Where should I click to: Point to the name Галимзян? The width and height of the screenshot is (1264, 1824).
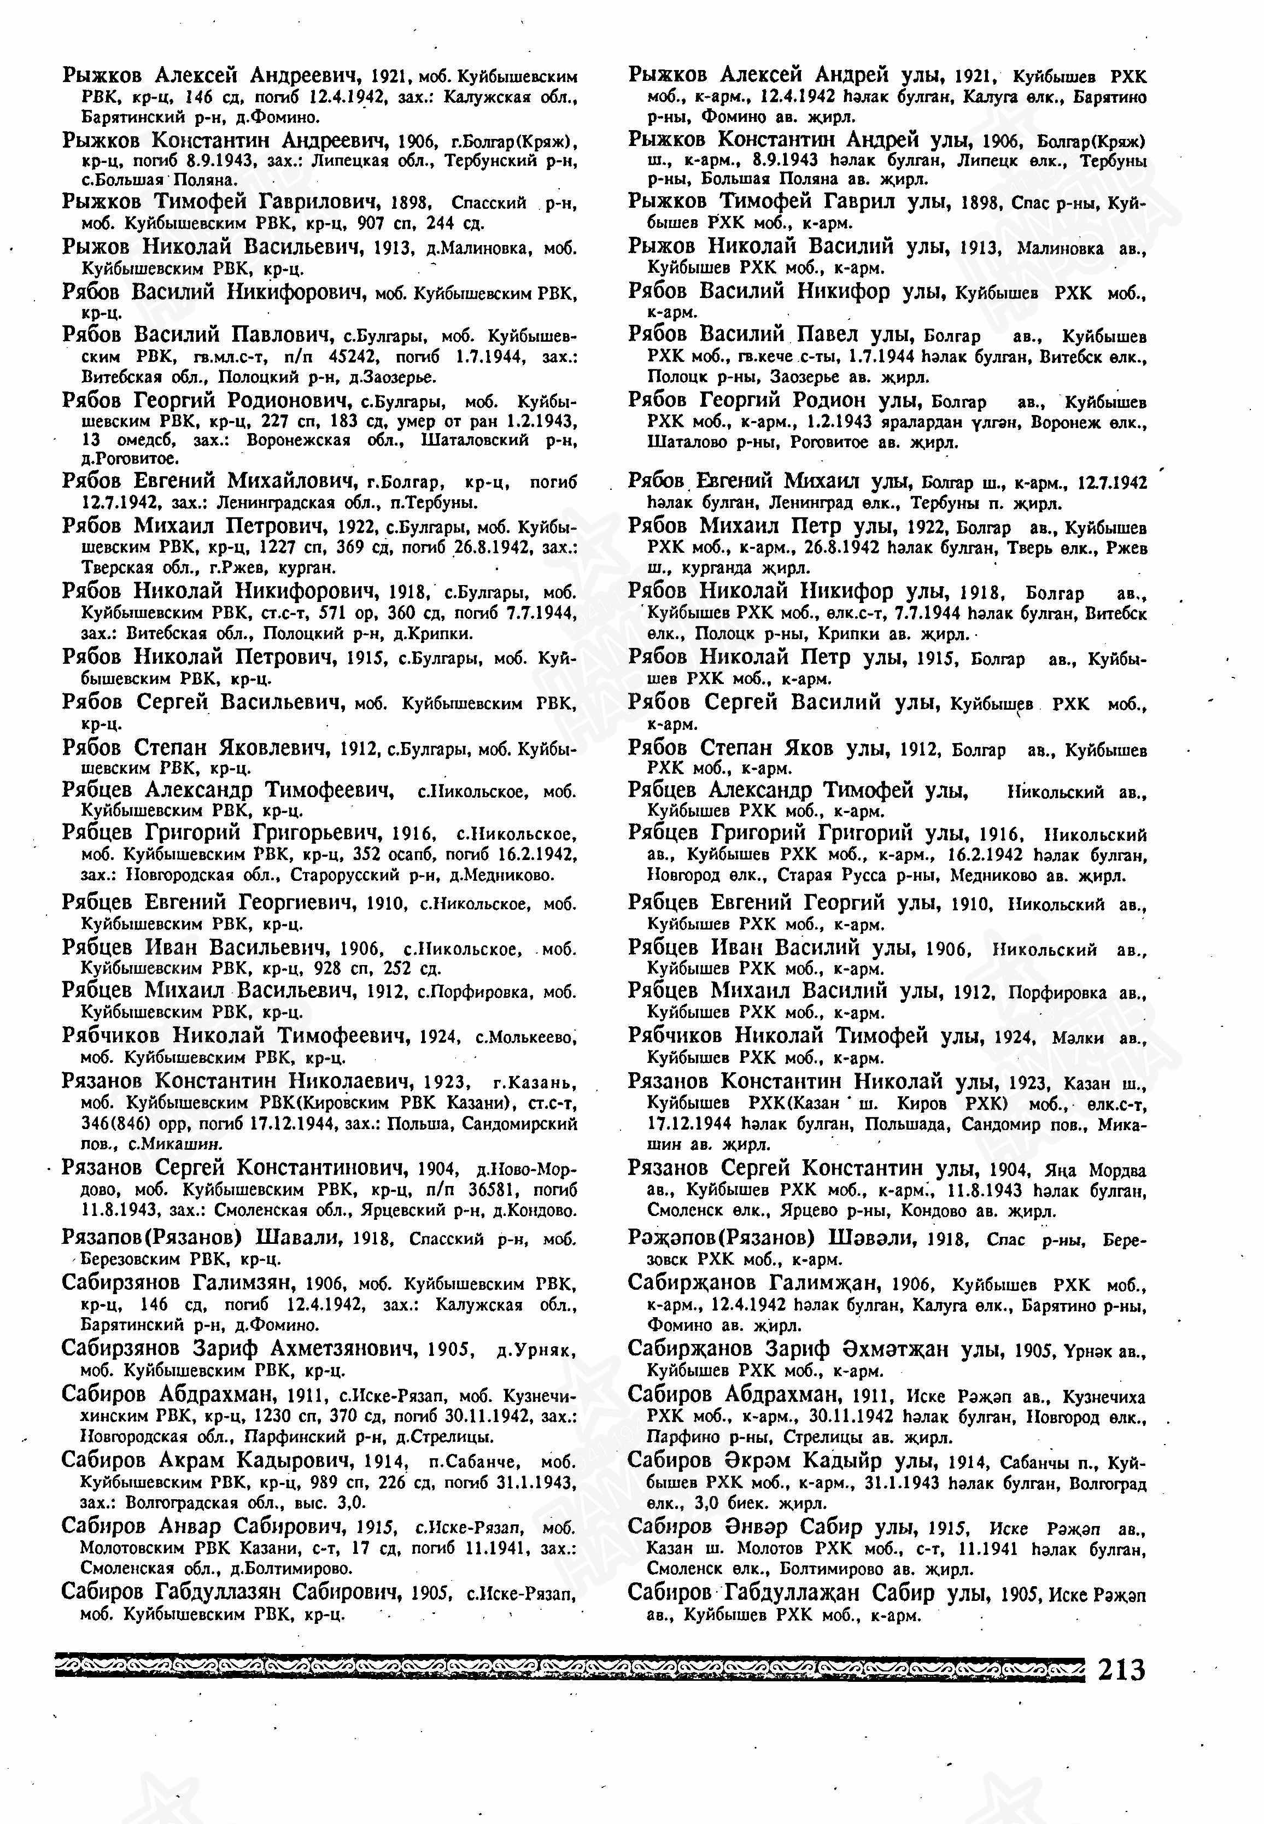[x=242, y=1283]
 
